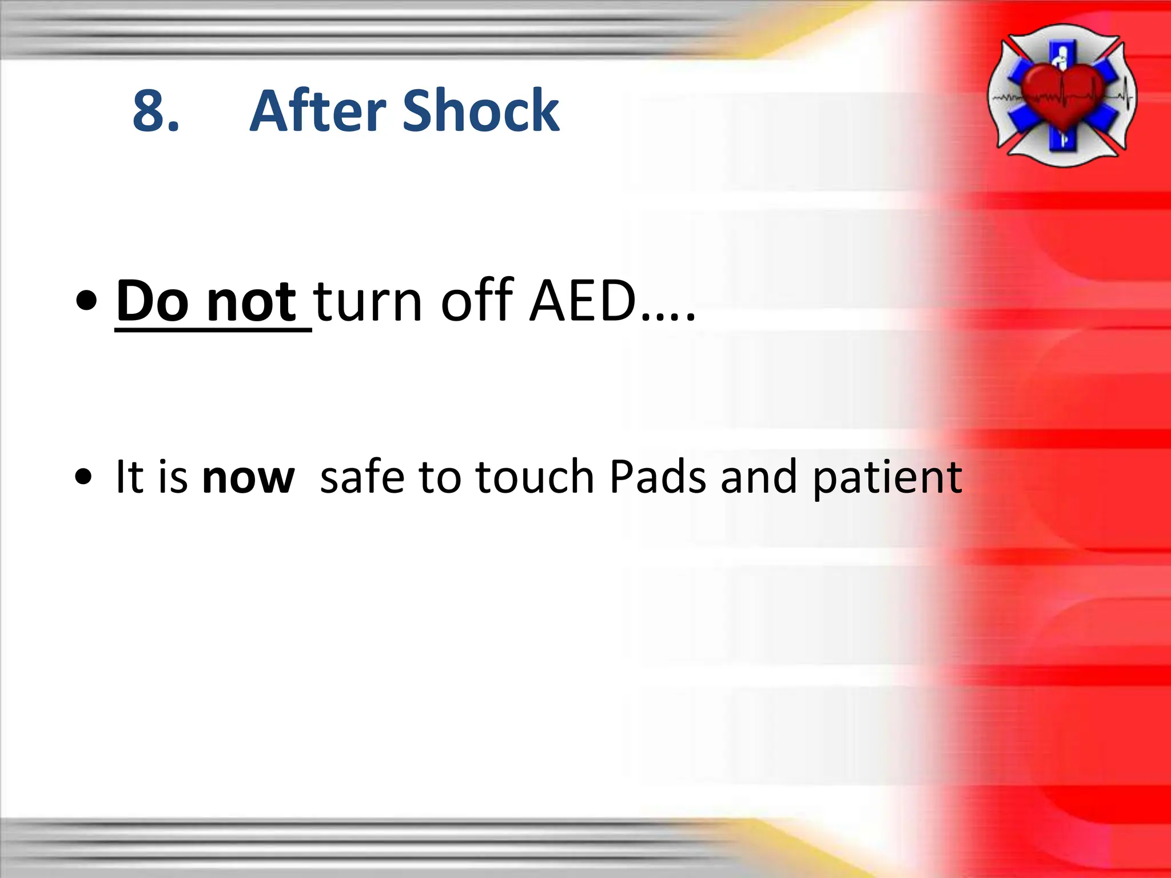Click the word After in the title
click(x=318, y=111)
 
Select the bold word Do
click(x=152, y=301)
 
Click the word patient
click(x=887, y=478)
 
